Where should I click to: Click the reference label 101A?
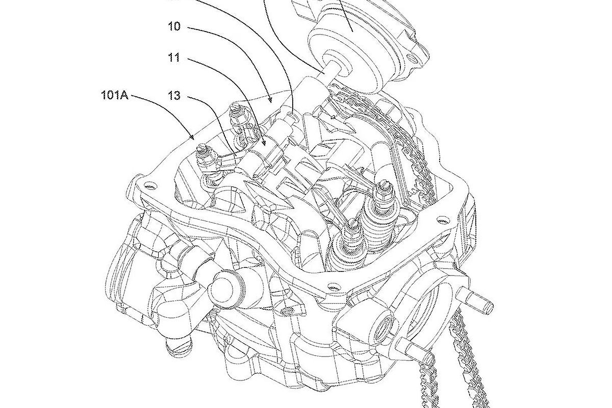click(114, 95)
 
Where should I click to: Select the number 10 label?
click(174, 26)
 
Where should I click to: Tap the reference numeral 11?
click(174, 58)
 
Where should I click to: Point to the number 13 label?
click(174, 96)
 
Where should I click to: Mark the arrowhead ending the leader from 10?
click(270, 100)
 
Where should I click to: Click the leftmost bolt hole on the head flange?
click(150, 186)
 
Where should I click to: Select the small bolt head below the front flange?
click(288, 311)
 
